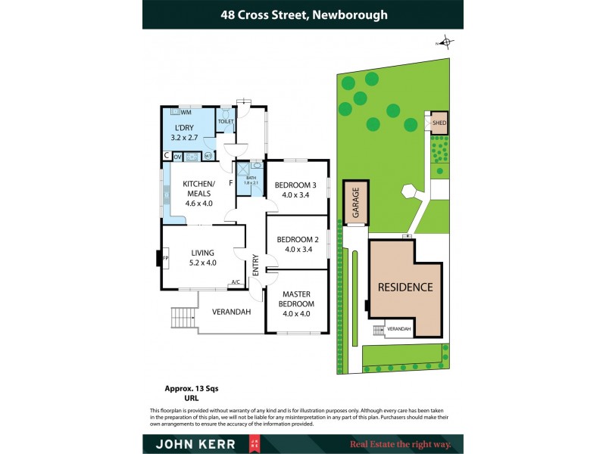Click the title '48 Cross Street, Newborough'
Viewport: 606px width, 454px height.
pos(303,14)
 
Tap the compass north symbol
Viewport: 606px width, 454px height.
pos(446,42)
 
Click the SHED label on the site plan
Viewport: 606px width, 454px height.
pos(439,123)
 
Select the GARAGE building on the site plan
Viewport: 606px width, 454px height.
pos(355,203)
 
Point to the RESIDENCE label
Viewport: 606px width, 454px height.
pos(405,288)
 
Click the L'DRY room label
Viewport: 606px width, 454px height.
pos(186,128)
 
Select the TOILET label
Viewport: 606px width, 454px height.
pos(226,121)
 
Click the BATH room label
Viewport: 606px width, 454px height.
pos(251,178)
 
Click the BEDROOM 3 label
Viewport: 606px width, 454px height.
pos(295,185)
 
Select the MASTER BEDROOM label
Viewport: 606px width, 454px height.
pos(297,298)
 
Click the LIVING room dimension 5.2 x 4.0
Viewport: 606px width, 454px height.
pos(202,263)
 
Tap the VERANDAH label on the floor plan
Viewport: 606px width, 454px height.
pos(231,312)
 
